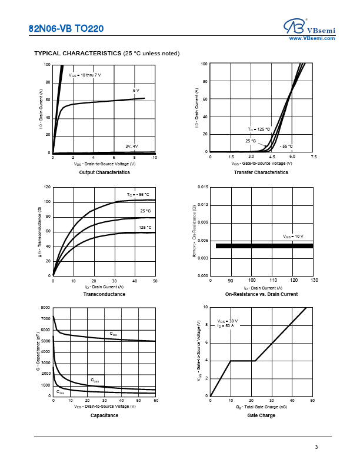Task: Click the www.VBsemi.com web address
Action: [x=312, y=38]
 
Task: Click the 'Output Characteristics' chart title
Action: [x=104, y=172]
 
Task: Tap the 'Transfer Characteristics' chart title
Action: [x=261, y=172]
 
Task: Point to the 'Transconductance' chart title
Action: [x=104, y=294]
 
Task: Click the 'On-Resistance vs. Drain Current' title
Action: [x=261, y=294]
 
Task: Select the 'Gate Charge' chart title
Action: [x=261, y=415]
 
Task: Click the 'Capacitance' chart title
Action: [x=104, y=415]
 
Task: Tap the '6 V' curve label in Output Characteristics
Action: [x=136, y=91]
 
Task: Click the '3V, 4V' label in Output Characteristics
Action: [x=131, y=146]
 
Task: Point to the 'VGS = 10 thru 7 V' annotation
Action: [x=85, y=75]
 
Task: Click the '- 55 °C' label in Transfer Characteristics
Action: [x=286, y=146]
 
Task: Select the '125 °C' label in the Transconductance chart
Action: [x=145, y=227]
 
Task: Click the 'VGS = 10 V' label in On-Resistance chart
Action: [x=293, y=236]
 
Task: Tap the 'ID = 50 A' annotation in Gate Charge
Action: [x=225, y=325]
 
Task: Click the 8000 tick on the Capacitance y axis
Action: [x=46, y=308]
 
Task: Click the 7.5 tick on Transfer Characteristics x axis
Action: [x=314, y=157]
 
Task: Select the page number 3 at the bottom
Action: [x=316, y=448]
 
